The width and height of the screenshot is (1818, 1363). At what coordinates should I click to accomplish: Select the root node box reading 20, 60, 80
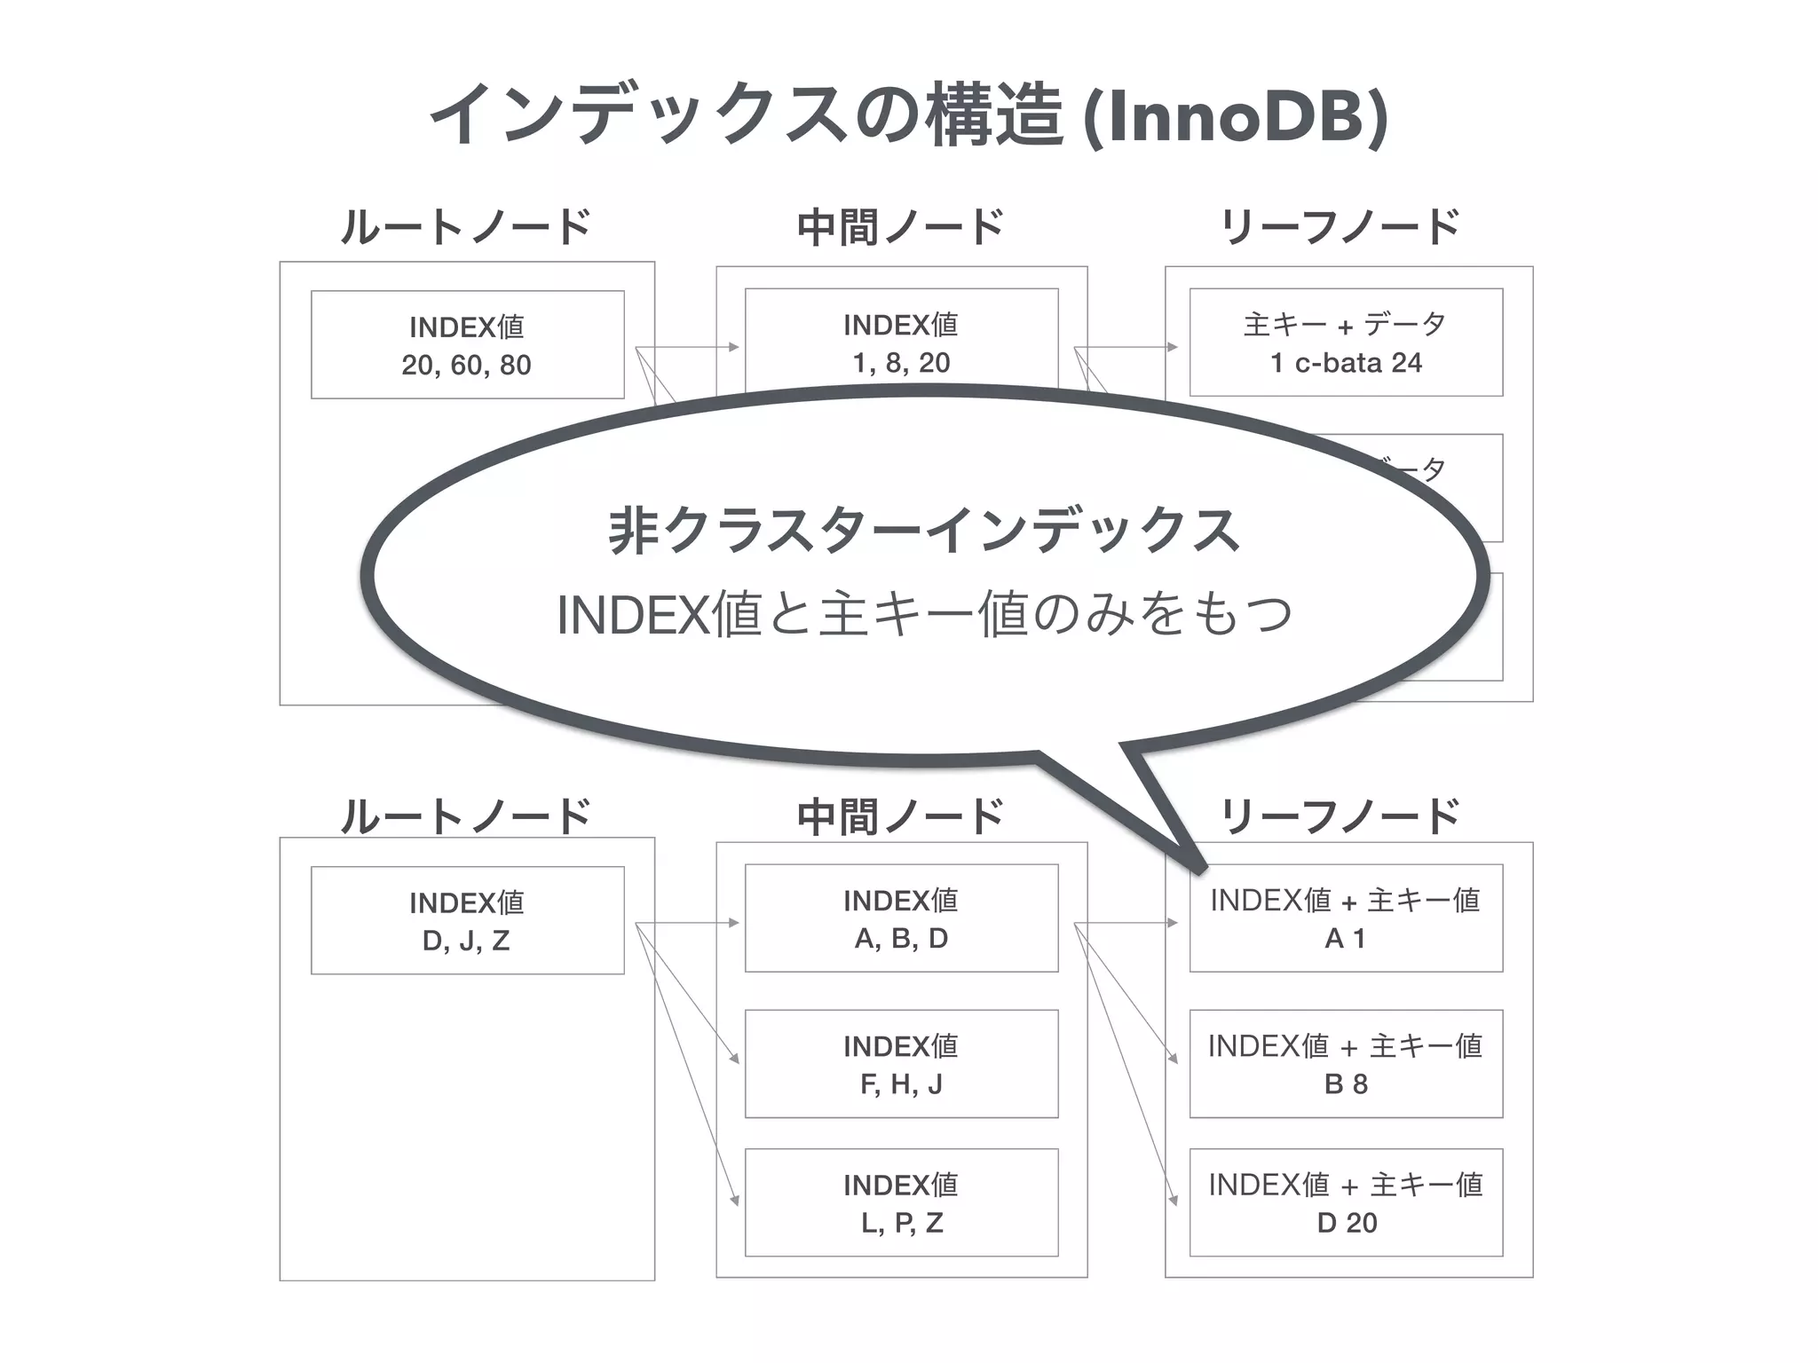click(x=467, y=345)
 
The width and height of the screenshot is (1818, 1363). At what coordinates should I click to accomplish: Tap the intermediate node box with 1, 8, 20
click(x=901, y=342)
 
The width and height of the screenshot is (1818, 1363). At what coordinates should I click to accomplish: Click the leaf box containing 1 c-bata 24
click(x=1346, y=343)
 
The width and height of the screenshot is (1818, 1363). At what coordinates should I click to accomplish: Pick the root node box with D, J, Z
click(x=467, y=920)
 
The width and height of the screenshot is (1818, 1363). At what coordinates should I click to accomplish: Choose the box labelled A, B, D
click(x=901, y=918)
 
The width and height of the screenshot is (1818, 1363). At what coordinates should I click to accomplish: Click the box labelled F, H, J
click(x=901, y=1064)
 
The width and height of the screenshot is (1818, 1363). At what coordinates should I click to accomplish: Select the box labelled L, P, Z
click(x=901, y=1202)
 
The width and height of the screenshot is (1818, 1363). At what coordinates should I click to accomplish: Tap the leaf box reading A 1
click(x=1346, y=918)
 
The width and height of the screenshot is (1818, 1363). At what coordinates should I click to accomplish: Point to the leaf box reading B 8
click(x=1346, y=1064)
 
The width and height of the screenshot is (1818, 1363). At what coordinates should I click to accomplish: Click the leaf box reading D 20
click(x=1346, y=1202)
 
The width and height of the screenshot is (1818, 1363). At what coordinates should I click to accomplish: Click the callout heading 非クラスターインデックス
click(x=923, y=531)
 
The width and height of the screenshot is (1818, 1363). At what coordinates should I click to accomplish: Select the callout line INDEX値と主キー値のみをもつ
click(x=923, y=614)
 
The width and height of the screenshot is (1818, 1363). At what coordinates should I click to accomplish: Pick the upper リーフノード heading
click(x=1340, y=227)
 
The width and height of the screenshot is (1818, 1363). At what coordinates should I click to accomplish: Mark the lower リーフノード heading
click(x=1340, y=816)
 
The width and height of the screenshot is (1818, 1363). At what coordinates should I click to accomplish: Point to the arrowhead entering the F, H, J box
click(x=735, y=1059)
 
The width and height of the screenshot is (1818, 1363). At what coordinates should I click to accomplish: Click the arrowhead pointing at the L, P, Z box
click(x=735, y=1200)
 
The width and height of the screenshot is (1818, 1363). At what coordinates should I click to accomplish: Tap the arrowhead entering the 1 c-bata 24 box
click(x=1173, y=347)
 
